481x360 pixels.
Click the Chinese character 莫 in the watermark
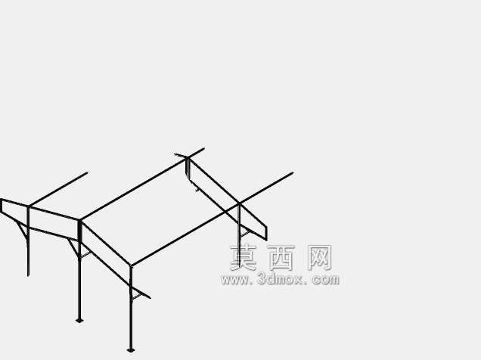(244, 258)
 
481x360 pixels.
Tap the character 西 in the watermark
(281, 258)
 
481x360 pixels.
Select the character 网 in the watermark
(320, 258)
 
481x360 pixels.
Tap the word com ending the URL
(326, 280)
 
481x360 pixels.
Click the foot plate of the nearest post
(131, 350)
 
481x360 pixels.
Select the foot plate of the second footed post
(79, 321)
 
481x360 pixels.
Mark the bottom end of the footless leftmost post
(28, 276)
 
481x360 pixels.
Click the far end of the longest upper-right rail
(293, 173)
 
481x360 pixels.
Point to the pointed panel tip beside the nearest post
(150, 298)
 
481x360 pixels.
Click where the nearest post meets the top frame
(131, 265)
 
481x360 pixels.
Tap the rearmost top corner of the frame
(187, 158)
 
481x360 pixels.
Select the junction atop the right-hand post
(239, 203)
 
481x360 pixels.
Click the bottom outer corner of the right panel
(266, 240)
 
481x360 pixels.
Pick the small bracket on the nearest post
(136, 296)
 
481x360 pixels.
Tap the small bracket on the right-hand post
(244, 234)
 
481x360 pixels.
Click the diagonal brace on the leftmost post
(22, 231)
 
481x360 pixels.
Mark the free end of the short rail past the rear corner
(203, 149)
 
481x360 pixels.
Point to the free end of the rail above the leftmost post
(87, 172)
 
